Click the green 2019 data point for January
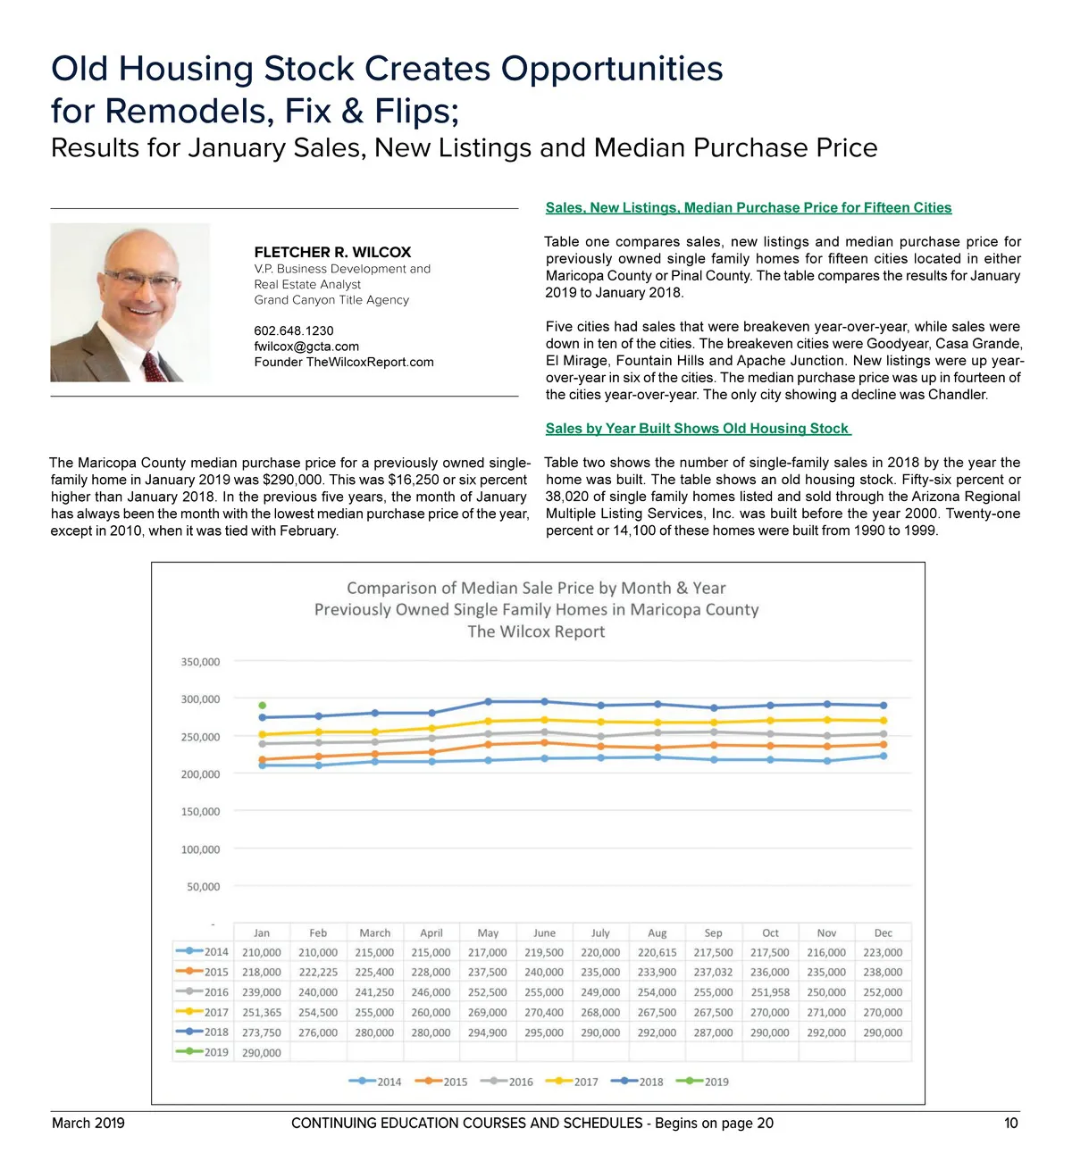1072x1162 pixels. point(262,706)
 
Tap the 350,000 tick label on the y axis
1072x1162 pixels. point(200,662)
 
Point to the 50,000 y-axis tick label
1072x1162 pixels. point(203,887)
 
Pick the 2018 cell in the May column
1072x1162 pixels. point(487,1032)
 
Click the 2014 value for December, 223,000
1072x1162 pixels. point(883,953)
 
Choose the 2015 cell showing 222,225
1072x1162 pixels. point(318,973)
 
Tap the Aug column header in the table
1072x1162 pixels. point(657,933)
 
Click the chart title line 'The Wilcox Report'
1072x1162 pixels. point(536,631)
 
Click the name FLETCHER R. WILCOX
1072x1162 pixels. point(332,252)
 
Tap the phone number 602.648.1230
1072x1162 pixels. point(294,330)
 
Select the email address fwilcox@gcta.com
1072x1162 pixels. point(306,347)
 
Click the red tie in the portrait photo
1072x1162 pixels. point(154,366)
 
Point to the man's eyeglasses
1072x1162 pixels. point(141,280)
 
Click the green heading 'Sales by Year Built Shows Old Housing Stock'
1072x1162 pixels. point(698,429)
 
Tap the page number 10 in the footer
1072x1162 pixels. point(1010,1123)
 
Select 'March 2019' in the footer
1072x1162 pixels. point(88,1123)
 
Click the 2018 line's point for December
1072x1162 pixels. point(884,706)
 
